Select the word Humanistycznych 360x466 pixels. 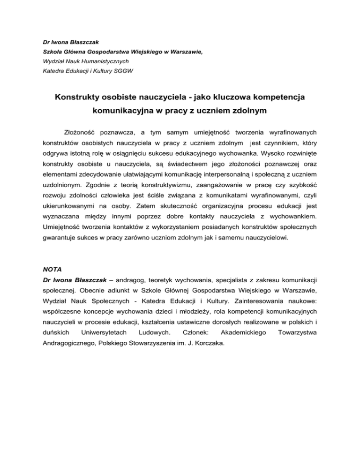[x=105, y=61]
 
